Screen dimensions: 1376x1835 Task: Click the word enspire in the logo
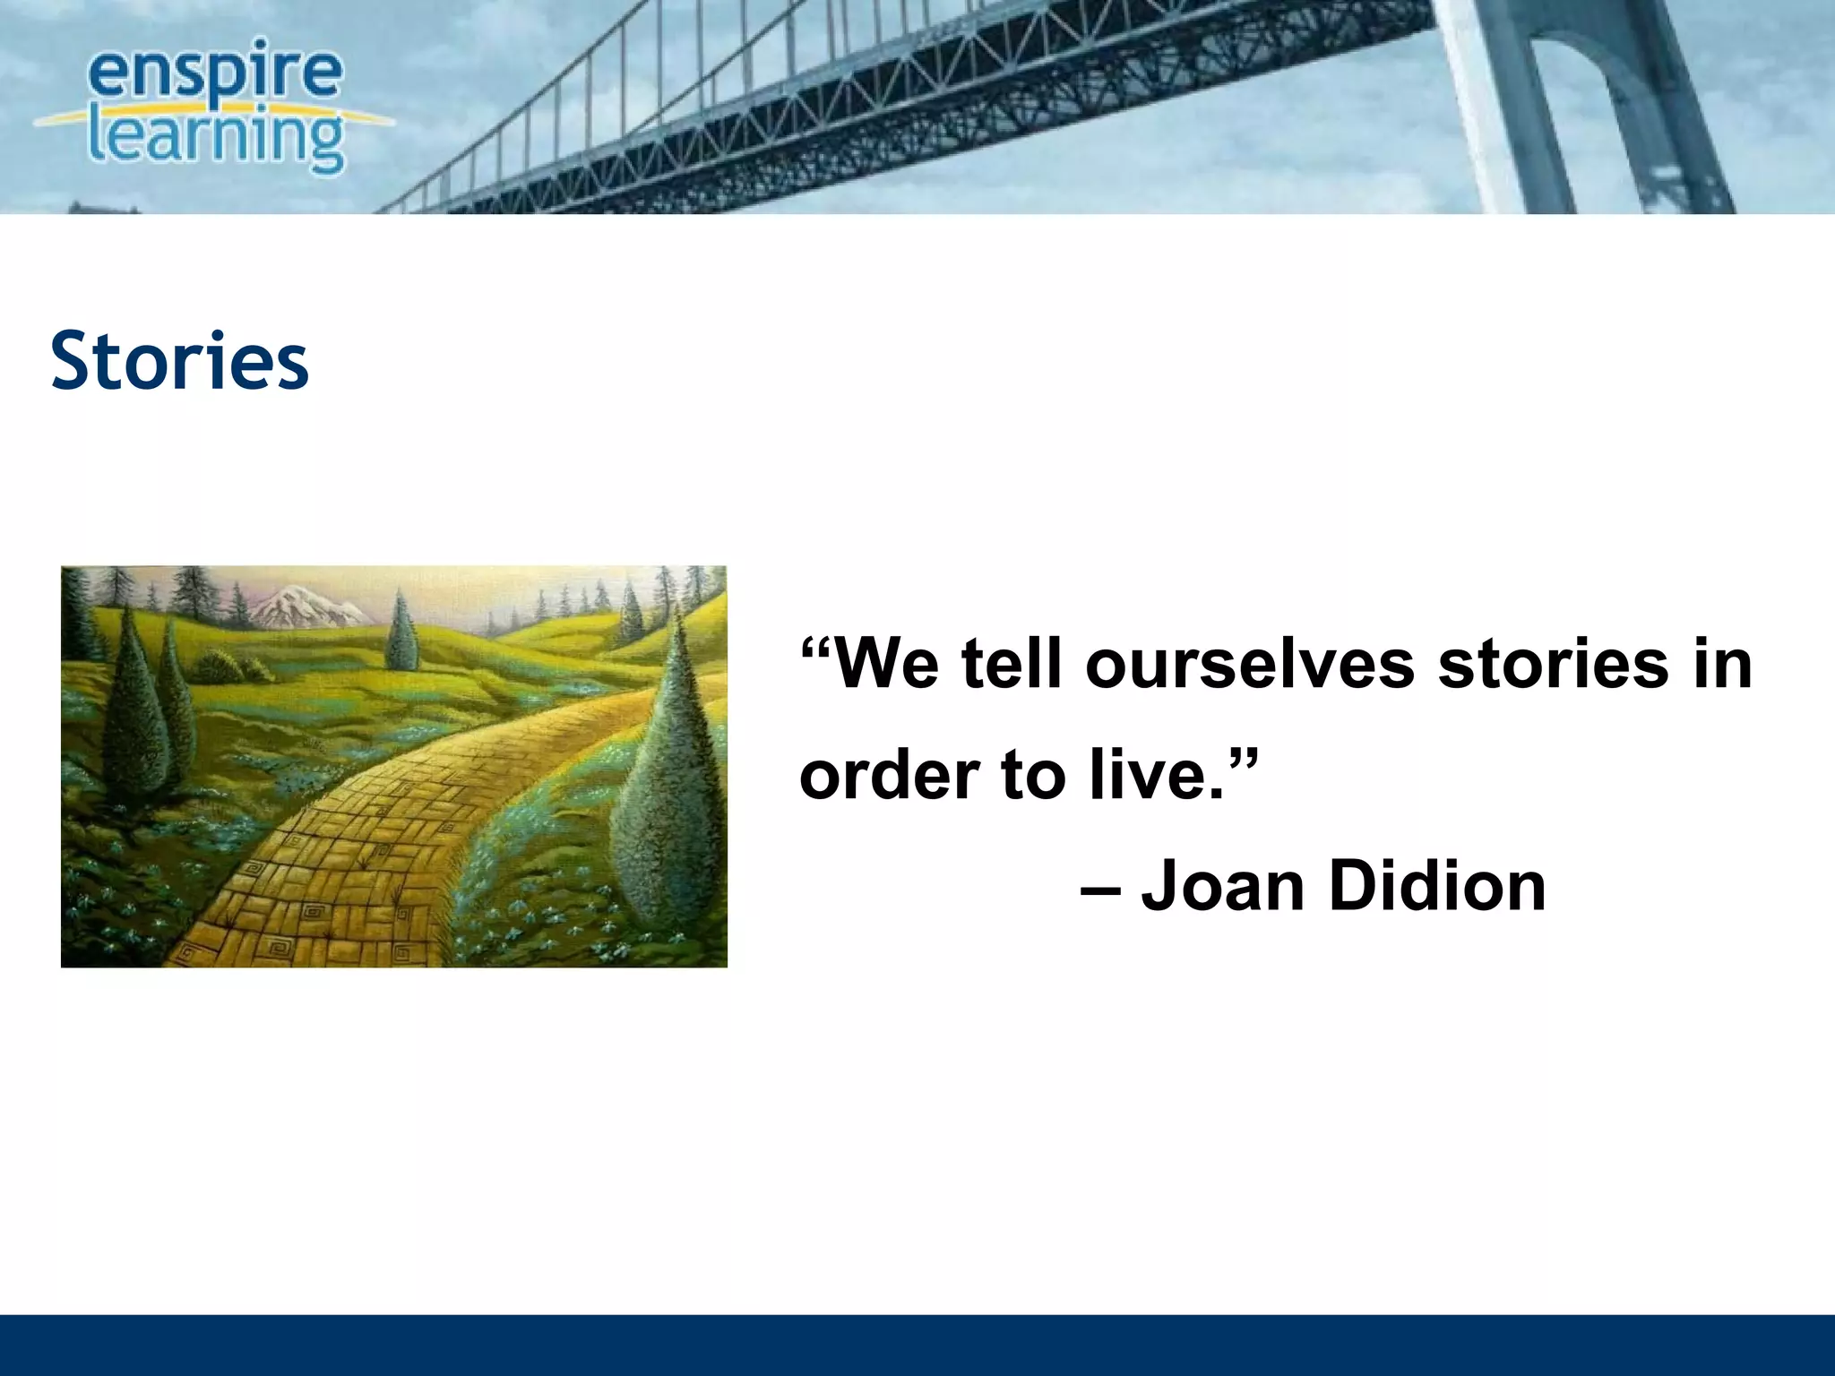click(x=215, y=74)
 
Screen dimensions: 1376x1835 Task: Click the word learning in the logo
click(x=215, y=139)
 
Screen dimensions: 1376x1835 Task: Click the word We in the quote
click(x=886, y=665)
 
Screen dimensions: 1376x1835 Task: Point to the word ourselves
click(x=1250, y=665)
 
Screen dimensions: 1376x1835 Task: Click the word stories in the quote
click(x=1554, y=665)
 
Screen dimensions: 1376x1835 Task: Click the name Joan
click(x=1223, y=886)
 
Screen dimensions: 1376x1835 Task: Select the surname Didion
click(x=1438, y=886)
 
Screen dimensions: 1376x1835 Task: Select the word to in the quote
click(x=1031, y=775)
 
